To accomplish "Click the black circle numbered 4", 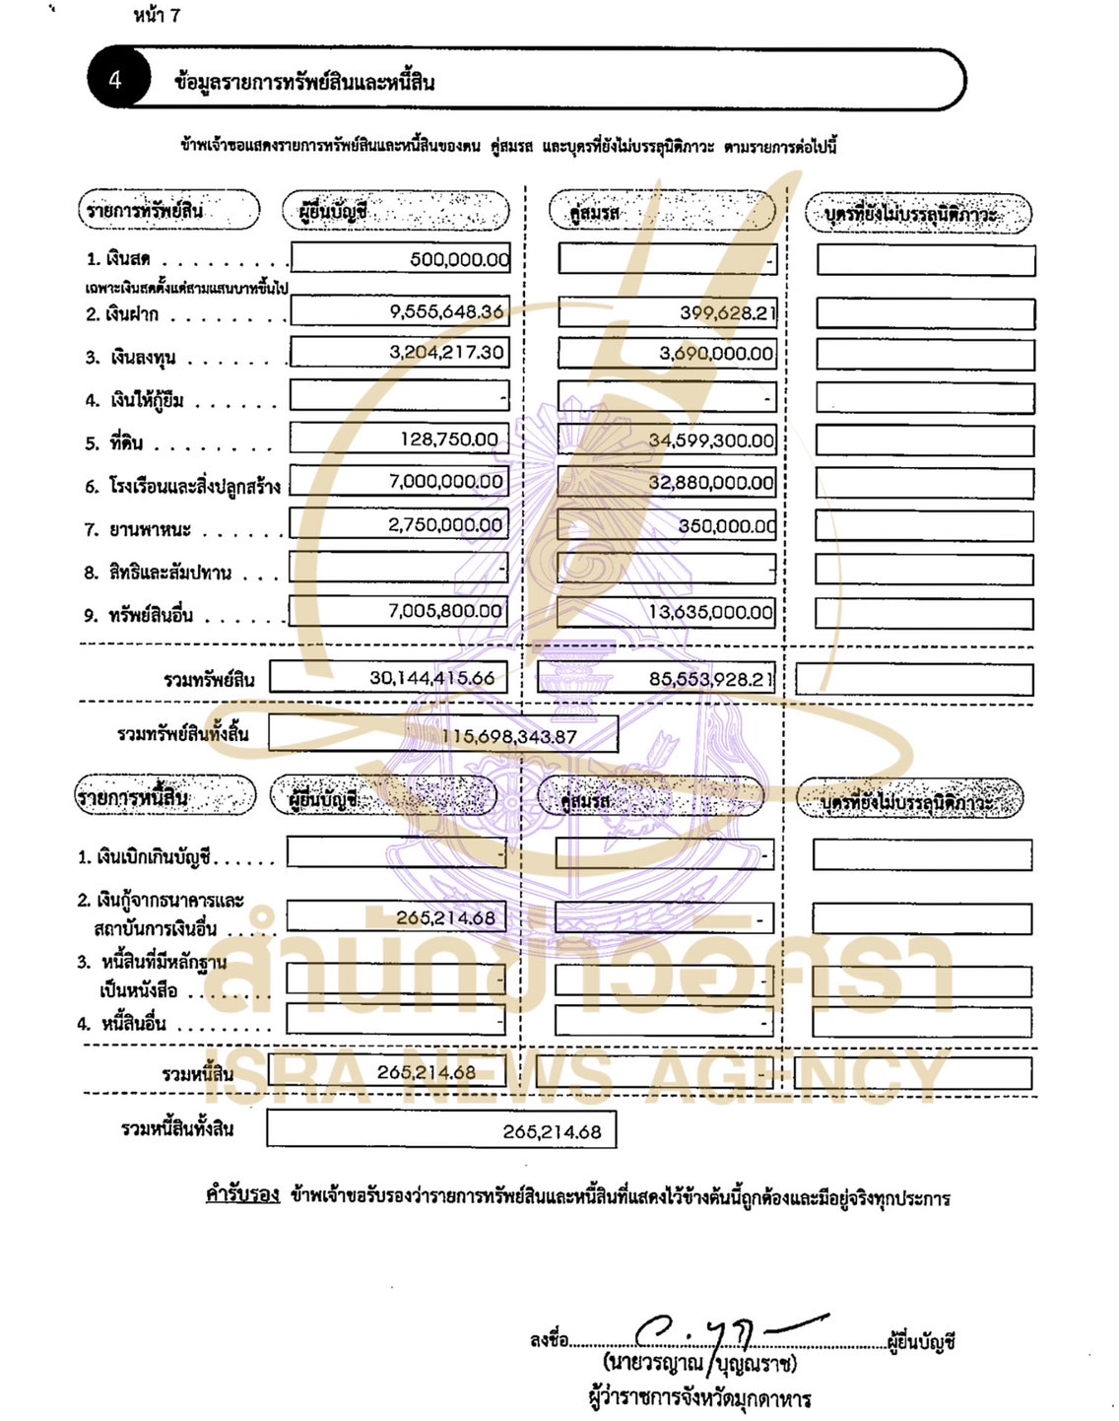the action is [116, 80].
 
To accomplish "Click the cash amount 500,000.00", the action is [459, 259].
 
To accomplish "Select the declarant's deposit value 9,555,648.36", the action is [446, 311].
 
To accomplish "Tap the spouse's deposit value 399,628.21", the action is [727, 313].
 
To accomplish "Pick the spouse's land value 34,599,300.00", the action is [711, 440].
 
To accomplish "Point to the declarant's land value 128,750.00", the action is [449, 440].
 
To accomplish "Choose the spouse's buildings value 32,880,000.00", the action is [711, 483].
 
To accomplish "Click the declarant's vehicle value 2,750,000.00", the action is [445, 525].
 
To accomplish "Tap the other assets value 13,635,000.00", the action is [711, 612].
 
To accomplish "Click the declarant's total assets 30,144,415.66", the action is [431, 678].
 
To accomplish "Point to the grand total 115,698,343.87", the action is [509, 736].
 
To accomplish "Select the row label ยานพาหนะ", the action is [150, 530].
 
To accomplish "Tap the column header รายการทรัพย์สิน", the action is [145, 210].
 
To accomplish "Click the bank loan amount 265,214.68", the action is [445, 917].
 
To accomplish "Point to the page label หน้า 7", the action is [157, 16].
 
